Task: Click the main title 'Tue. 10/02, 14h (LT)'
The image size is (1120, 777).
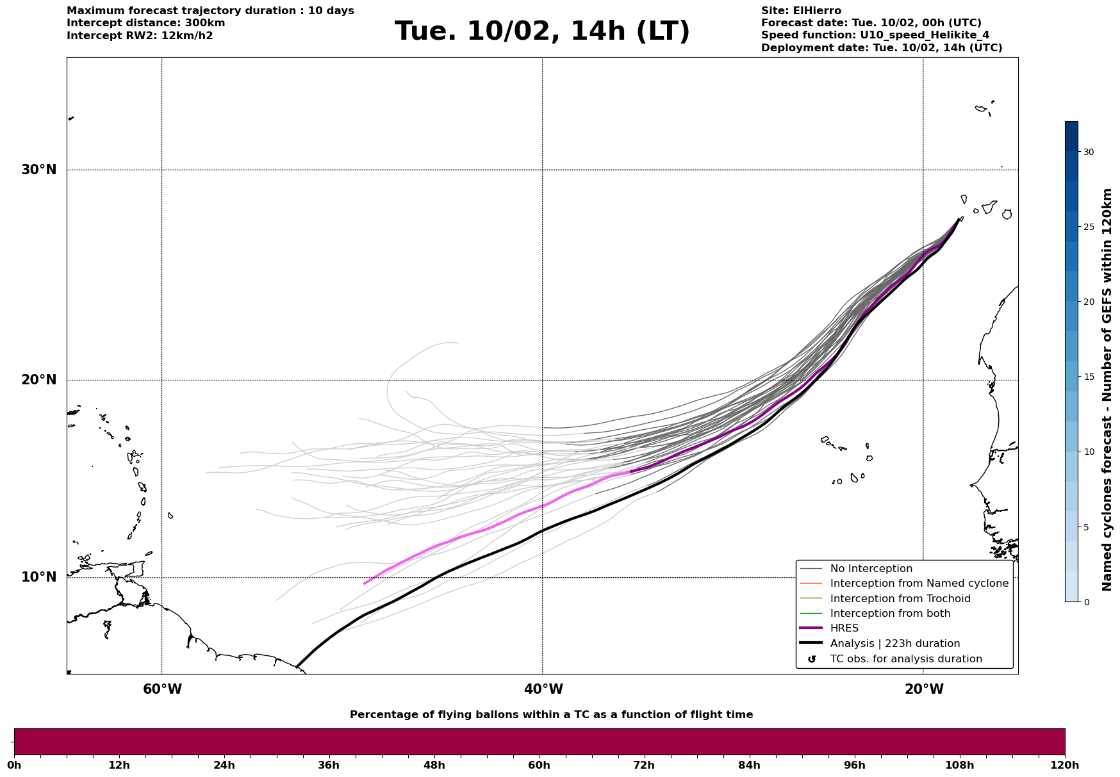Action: [542, 31]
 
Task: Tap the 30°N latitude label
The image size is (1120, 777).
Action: [38, 170]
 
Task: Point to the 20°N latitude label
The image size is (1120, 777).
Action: [38, 380]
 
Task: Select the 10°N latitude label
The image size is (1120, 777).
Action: [38, 577]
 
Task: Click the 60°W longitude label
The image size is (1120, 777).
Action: [162, 689]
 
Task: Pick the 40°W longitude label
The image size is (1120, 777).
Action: [543, 689]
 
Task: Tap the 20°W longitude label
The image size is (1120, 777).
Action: [923, 689]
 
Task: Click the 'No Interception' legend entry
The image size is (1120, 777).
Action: [871, 569]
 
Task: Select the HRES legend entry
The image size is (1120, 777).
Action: [844, 628]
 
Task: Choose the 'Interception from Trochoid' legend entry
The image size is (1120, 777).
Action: [900, 599]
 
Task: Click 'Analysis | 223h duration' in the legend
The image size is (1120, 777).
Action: [894, 644]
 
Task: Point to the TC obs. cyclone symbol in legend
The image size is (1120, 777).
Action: [812, 659]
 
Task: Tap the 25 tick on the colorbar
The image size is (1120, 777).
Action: [1089, 227]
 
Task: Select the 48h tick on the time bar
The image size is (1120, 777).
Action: [434, 765]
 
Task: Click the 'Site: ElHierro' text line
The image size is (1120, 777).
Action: [801, 11]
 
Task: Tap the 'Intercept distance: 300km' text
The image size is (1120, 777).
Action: [146, 23]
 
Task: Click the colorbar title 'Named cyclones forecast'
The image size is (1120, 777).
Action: [1107, 389]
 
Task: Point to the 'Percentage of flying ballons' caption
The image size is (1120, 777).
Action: [551, 715]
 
